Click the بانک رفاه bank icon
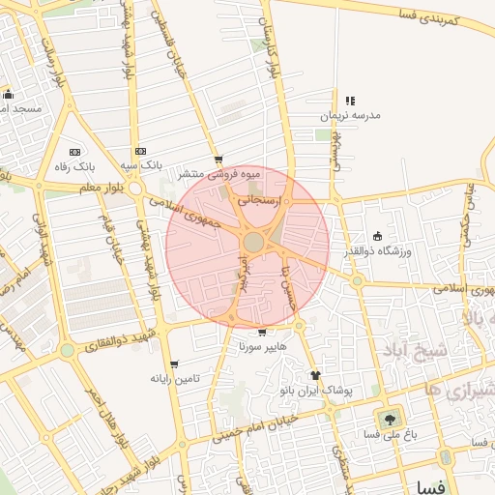pyautogui.click(x=75, y=152)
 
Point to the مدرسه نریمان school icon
pyautogui.click(x=350, y=101)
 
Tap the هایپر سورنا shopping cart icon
pyautogui.click(x=262, y=332)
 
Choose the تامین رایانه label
pyautogui.click(x=174, y=378)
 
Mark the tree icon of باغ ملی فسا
pyautogui.click(x=390, y=419)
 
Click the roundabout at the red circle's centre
pyautogui.click(x=253, y=242)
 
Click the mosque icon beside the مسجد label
pyautogui.click(x=9, y=95)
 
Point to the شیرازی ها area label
pyautogui.click(x=458, y=390)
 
